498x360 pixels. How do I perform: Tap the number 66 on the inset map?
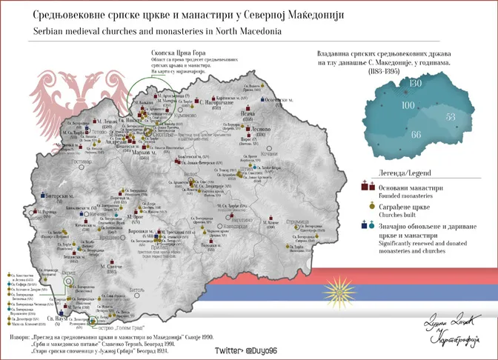pyautogui.click(x=416, y=134)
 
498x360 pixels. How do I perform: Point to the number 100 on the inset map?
pyautogui.click(x=408, y=105)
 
